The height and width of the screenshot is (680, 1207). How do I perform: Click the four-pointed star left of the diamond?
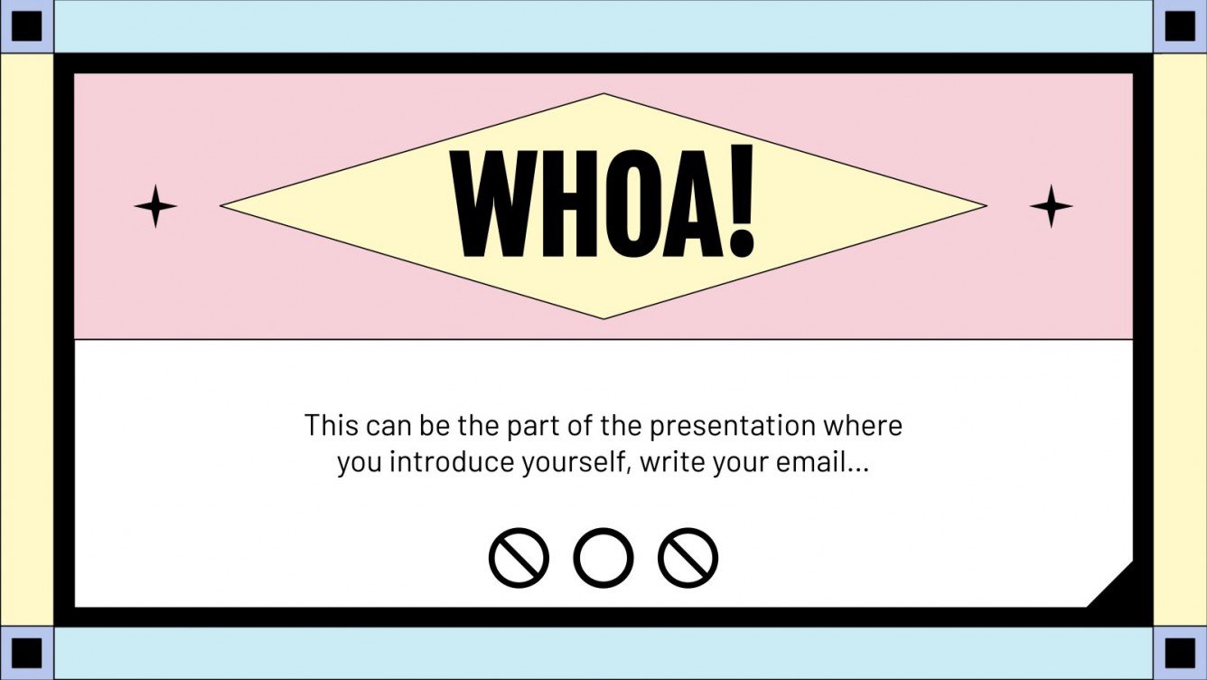point(155,206)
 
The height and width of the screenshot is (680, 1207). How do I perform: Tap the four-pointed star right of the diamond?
point(1051,206)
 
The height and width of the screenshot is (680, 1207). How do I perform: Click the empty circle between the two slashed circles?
point(603,558)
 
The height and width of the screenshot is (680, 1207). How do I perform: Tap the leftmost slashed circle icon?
point(519,558)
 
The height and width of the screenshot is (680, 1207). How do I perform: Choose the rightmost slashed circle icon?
point(688,558)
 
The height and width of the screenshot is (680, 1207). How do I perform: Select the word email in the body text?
point(812,463)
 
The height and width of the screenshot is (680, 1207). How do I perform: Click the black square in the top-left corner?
point(26,26)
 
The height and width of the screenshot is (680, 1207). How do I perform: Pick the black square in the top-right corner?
point(1180,26)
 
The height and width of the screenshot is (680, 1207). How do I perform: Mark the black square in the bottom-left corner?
point(26,653)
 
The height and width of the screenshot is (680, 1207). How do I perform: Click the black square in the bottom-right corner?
point(1180,653)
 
